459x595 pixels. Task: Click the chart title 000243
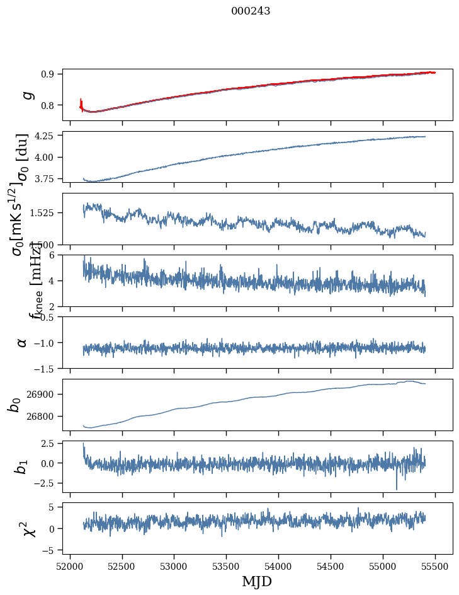[x=251, y=11]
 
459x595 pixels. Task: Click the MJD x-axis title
[x=257, y=582]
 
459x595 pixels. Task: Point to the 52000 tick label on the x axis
[x=70, y=566]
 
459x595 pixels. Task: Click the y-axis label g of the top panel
[x=26, y=95]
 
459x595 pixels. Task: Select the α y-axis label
[x=23, y=342]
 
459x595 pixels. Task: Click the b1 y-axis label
[x=23, y=466]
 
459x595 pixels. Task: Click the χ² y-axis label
[x=29, y=528]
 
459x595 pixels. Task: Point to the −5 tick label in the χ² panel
[x=50, y=550]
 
